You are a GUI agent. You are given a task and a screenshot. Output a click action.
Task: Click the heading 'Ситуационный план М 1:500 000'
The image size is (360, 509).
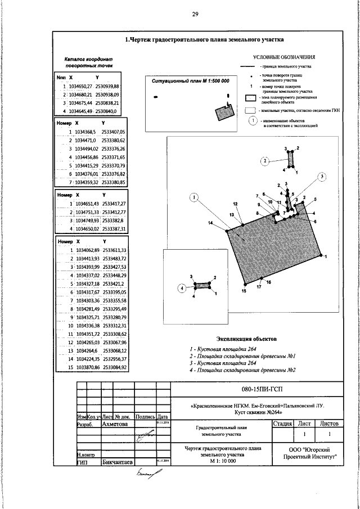[x=191, y=81]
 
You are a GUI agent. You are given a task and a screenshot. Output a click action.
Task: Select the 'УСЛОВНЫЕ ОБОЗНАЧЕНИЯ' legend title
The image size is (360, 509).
[x=284, y=57]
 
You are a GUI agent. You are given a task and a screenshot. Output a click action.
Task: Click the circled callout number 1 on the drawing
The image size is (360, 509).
[x=193, y=197]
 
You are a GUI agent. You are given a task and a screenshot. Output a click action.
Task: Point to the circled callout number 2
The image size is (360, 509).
[x=265, y=161]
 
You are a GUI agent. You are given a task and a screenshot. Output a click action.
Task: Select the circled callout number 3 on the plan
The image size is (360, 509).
[x=322, y=177]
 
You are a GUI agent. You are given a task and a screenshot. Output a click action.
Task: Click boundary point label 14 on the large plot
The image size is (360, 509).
[x=211, y=223]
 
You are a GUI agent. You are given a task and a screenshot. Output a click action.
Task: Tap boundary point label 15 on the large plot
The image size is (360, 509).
[x=244, y=292]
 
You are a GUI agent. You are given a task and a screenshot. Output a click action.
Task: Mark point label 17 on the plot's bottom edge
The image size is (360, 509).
[x=259, y=287]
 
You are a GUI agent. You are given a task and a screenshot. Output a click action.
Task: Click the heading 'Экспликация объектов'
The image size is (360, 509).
[x=247, y=339]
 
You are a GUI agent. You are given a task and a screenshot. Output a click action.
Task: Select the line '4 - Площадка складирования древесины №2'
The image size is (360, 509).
[x=242, y=370]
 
